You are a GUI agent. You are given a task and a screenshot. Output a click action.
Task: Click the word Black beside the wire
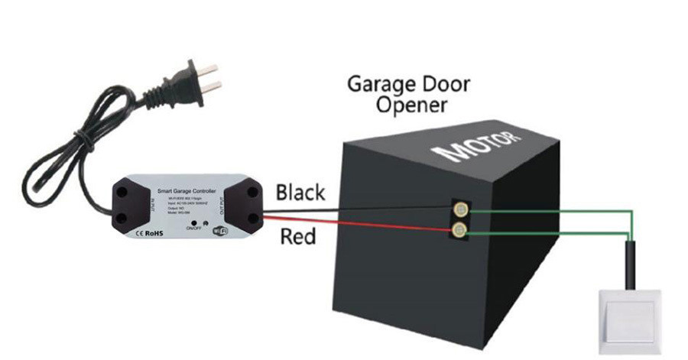tap(300, 192)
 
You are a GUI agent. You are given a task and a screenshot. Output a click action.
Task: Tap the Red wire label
tap(297, 237)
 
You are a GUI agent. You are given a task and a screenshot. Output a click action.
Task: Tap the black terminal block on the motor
tap(459, 219)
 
